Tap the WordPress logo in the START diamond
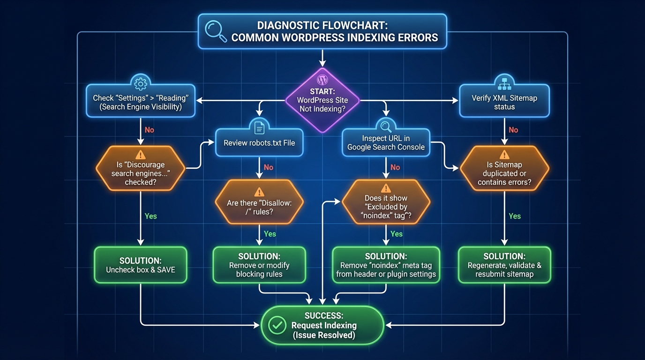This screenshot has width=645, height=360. (x=322, y=80)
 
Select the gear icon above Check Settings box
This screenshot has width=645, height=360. (x=140, y=84)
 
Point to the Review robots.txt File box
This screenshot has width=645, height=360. (x=259, y=142)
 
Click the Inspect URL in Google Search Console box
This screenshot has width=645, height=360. (x=386, y=142)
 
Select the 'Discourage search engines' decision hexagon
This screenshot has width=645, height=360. (x=141, y=169)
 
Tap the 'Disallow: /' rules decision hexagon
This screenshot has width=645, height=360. (x=259, y=202)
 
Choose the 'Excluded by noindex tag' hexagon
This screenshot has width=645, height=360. (x=386, y=202)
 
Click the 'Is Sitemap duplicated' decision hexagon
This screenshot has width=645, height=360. (x=504, y=169)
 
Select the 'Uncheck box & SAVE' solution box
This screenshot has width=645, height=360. (x=141, y=265)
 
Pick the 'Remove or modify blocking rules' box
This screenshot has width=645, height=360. (x=259, y=265)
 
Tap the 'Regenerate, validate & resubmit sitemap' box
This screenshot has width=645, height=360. (x=504, y=265)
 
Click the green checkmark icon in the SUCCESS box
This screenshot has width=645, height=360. (x=277, y=325)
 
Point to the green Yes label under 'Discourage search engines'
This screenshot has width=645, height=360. (x=150, y=216)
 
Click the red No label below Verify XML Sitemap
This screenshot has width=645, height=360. (x=513, y=130)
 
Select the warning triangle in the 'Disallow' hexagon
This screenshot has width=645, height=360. (x=259, y=192)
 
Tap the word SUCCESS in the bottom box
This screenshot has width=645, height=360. (x=324, y=315)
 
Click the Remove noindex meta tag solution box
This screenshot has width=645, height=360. (x=386, y=265)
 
